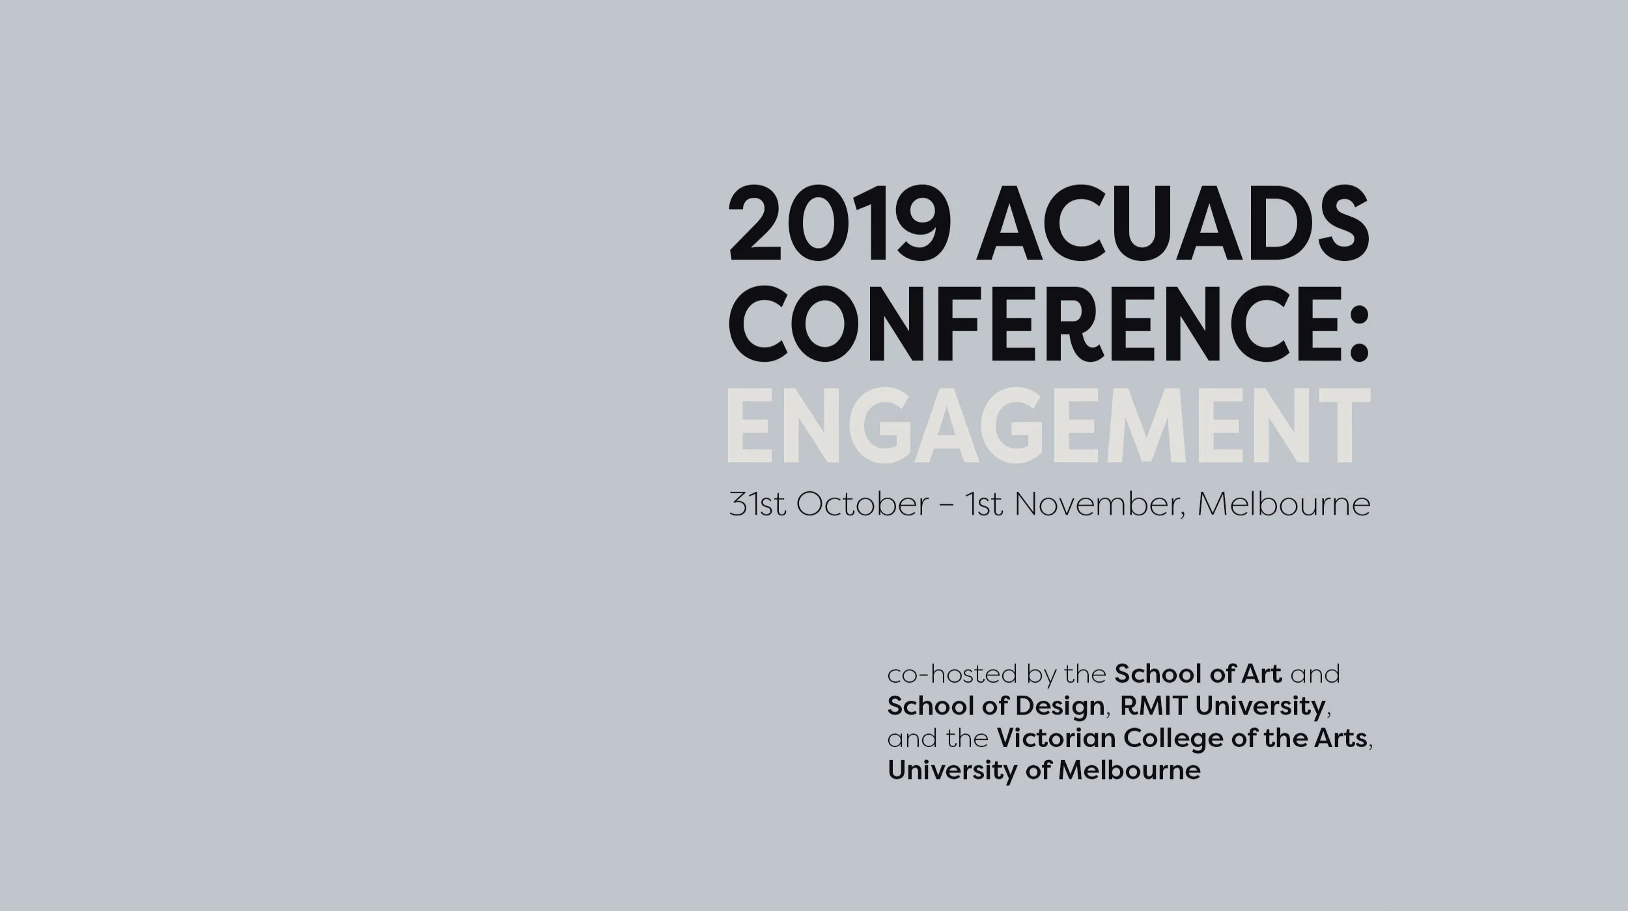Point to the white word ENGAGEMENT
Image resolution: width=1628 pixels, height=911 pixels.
click(x=1048, y=427)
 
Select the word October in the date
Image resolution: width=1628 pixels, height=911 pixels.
click(x=863, y=504)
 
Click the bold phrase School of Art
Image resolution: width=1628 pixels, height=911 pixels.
click(x=1198, y=674)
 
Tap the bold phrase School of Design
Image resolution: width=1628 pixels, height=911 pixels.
click(x=996, y=706)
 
